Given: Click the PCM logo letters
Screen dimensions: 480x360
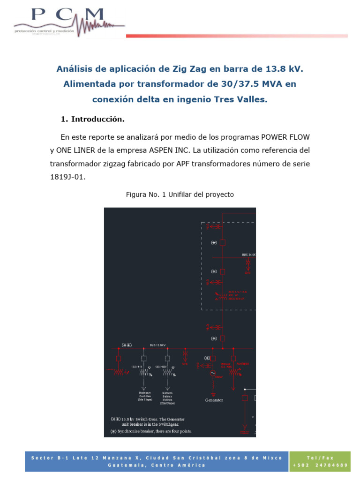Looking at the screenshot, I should click(68, 15).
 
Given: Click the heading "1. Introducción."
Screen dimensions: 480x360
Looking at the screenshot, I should click(93, 119).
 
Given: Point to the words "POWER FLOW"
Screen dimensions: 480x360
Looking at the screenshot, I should click(285, 137).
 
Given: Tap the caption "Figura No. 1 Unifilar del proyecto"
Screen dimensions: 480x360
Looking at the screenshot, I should click(180, 194).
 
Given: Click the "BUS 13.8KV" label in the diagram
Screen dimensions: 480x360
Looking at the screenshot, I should click(158, 345).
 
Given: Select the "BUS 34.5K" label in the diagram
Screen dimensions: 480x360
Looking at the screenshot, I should click(248, 255).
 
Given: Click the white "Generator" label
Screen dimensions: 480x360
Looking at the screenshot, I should click(214, 400).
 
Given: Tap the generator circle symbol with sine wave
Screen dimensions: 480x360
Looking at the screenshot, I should click(212, 373).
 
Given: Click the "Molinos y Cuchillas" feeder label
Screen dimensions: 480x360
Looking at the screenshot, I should click(144, 396).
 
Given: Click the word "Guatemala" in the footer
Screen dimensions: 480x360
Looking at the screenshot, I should click(125, 465).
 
